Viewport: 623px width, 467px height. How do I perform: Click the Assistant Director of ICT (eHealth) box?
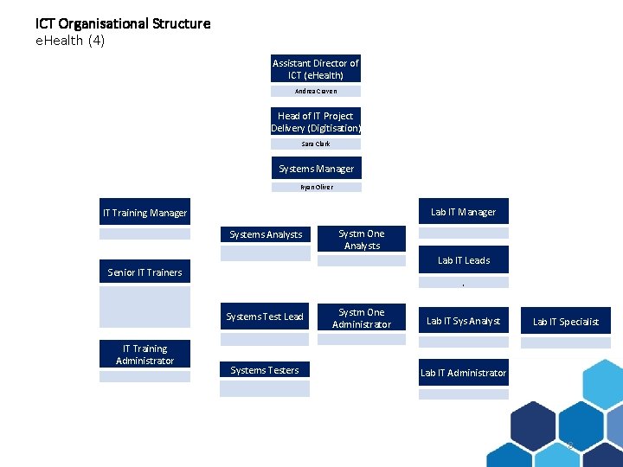click(x=316, y=69)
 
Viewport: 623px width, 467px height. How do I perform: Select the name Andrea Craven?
click(x=316, y=91)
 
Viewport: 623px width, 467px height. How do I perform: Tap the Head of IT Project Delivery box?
click(x=316, y=122)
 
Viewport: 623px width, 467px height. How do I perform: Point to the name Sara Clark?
click(x=316, y=144)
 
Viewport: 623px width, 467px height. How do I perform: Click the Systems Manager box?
click(x=316, y=169)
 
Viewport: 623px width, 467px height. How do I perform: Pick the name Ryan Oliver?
click(x=316, y=187)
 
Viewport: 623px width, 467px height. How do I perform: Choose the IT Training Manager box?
click(x=145, y=213)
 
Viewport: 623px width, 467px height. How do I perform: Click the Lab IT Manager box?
click(x=464, y=212)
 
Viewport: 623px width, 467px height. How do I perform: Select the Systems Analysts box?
click(x=265, y=234)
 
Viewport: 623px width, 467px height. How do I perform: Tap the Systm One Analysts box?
click(x=362, y=240)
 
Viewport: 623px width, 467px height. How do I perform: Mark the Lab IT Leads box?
click(x=464, y=260)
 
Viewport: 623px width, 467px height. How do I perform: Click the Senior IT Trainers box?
click(x=145, y=272)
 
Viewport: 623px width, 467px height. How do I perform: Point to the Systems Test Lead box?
click(x=265, y=317)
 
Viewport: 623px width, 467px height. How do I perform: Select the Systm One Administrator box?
click(x=362, y=318)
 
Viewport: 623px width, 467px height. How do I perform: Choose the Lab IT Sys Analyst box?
click(x=464, y=321)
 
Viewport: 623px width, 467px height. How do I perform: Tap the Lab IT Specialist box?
click(x=565, y=322)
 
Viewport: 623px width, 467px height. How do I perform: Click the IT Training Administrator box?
click(x=145, y=355)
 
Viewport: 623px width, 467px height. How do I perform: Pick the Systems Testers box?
click(x=265, y=370)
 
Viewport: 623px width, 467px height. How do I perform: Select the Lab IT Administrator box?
click(x=464, y=373)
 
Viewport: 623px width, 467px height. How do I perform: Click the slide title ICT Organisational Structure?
click(x=123, y=23)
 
